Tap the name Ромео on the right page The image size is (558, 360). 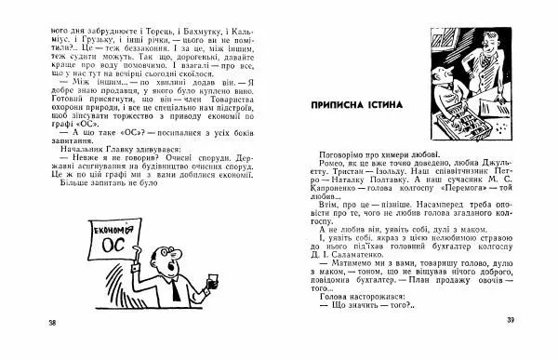[322, 161]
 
